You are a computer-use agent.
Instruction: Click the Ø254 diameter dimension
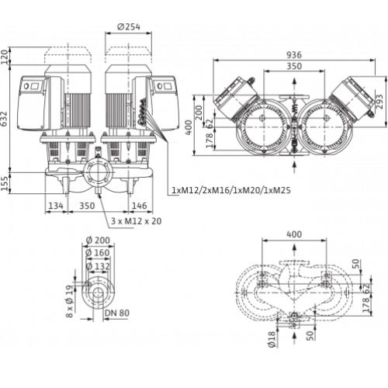point(128,26)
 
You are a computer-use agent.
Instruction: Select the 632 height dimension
point(5,120)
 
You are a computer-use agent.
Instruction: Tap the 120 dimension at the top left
point(5,56)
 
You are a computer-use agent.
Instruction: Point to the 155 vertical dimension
point(5,182)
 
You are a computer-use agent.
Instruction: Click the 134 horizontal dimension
point(56,206)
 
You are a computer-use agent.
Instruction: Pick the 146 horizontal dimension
point(139,206)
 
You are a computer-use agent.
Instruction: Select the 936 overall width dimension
point(294,55)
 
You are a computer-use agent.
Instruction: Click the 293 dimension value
point(379,102)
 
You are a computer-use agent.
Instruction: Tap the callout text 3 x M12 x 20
point(136,221)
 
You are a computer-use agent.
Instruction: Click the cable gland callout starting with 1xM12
point(231,190)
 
